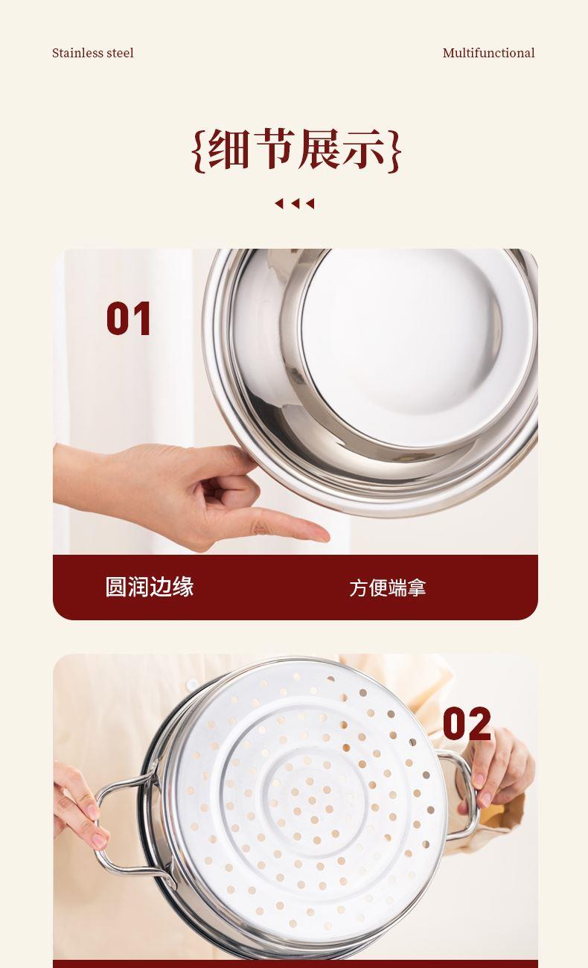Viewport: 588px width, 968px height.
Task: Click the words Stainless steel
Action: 92,53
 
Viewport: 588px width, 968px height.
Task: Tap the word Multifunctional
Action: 488,53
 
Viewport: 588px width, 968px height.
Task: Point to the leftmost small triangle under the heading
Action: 279,203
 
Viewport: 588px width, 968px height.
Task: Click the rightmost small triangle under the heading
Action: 310,203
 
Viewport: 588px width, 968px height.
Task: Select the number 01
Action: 129,319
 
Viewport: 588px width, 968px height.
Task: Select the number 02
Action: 467,724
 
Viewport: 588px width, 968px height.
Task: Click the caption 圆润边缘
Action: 149,587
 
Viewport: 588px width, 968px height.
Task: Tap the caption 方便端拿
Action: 388,588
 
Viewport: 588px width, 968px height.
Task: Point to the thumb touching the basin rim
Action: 229,459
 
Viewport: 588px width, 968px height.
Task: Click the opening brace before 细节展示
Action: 199,151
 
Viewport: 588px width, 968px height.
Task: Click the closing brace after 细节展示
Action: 394,151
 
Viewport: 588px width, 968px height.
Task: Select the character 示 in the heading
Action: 363,150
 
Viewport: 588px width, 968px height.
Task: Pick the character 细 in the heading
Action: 229,150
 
